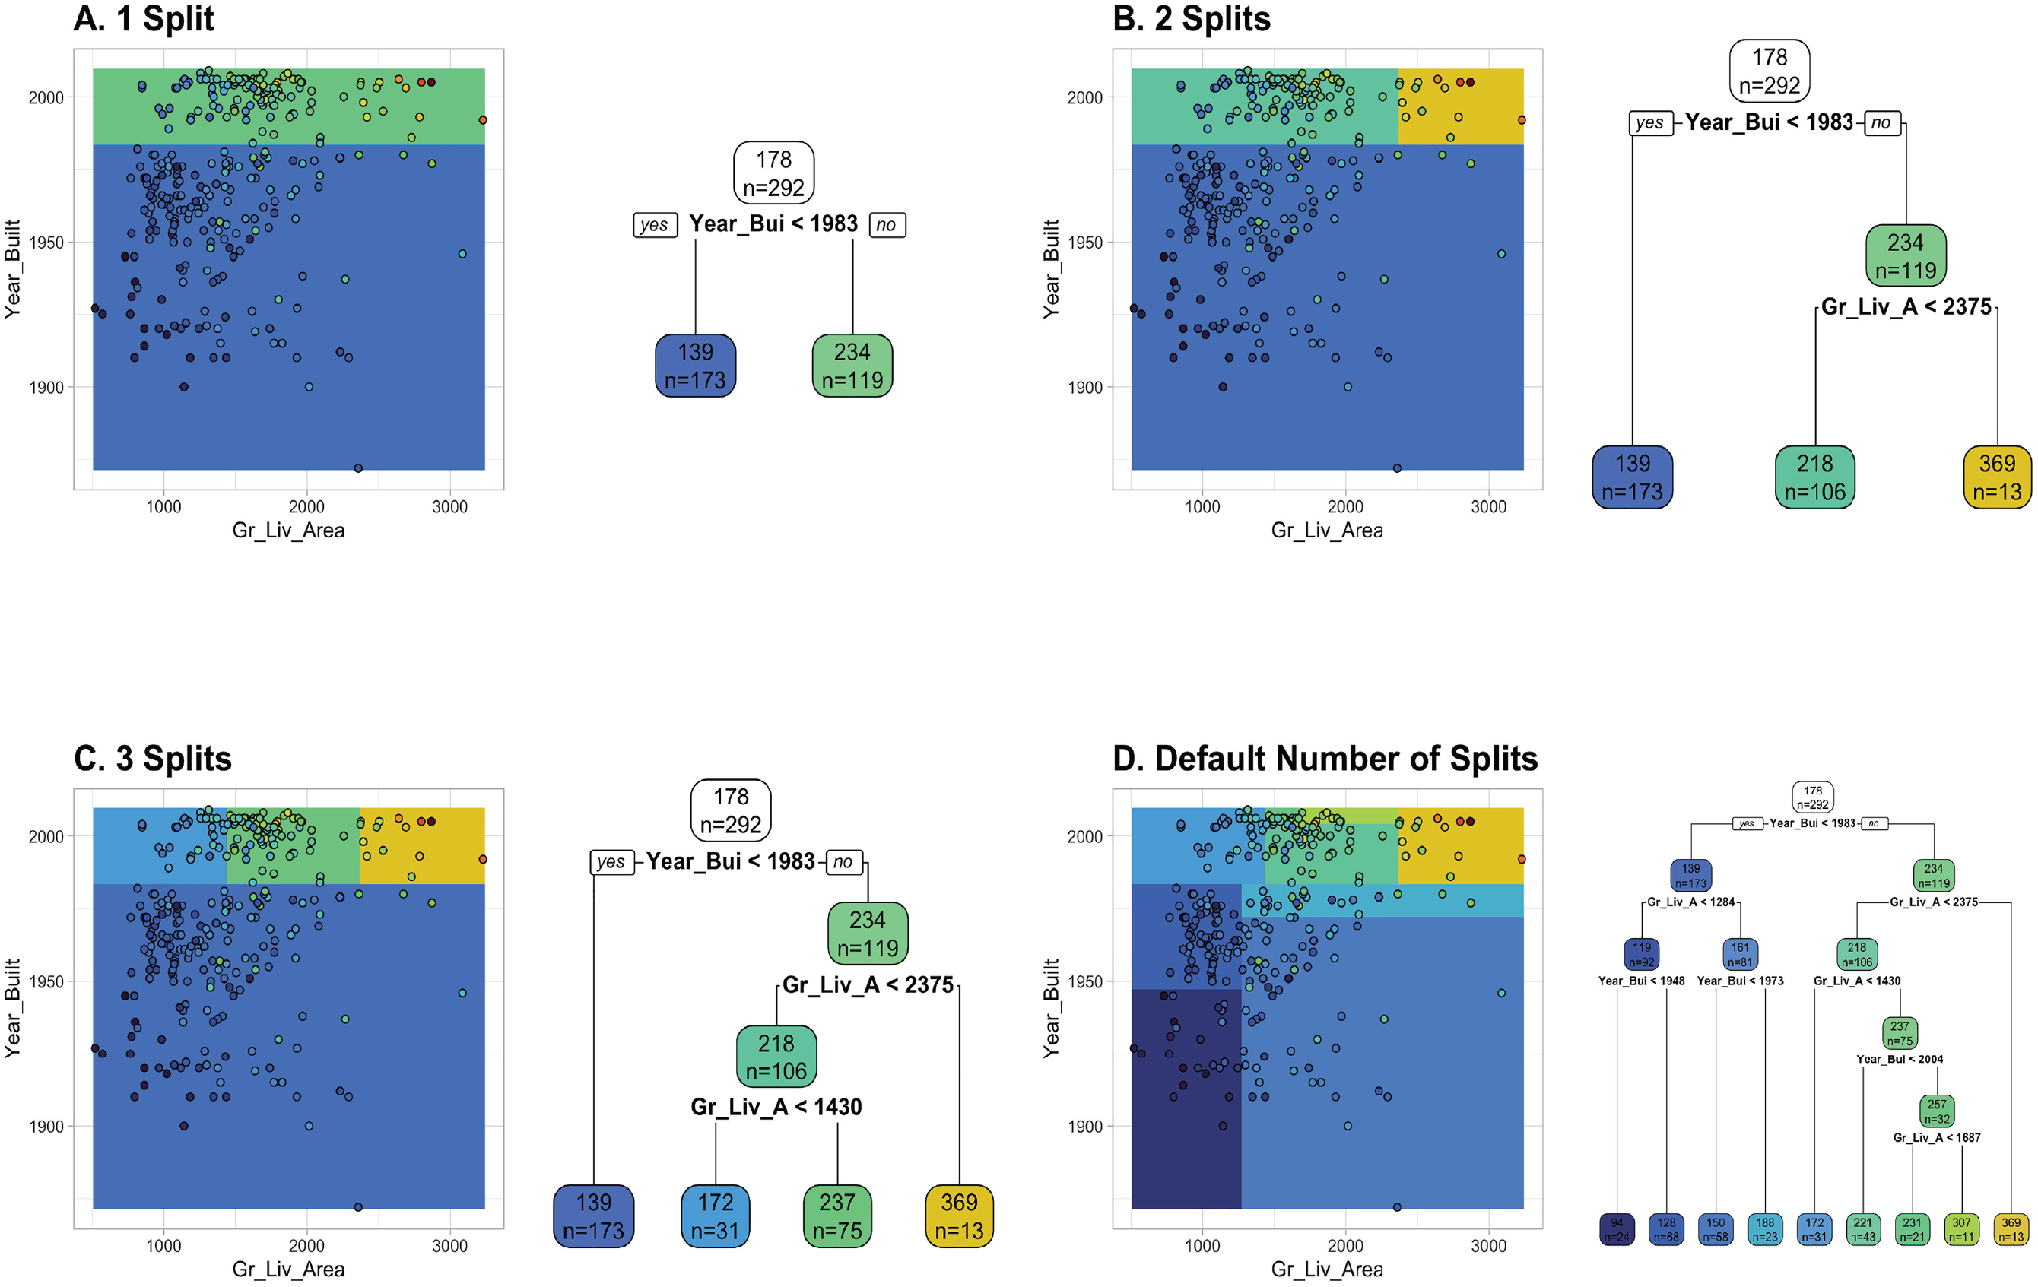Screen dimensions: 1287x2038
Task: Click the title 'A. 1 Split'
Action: coord(144,18)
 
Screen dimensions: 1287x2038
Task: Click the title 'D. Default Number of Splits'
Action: coord(1325,758)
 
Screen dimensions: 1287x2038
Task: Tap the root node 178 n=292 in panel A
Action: coord(773,173)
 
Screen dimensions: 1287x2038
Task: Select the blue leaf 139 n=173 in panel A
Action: coord(695,366)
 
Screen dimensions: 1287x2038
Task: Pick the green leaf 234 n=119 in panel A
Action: coord(852,366)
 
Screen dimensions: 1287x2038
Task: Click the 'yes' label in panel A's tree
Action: coord(654,225)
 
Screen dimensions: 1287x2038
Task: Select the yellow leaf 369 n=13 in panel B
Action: coord(1996,477)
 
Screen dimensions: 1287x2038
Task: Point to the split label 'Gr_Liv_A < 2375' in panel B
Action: coord(1906,306)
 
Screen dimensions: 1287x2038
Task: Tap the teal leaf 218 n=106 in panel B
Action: coord(1814,477)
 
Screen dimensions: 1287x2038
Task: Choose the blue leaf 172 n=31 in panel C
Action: coord(715,1216)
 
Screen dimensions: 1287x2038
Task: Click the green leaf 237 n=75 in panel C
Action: coord(837,1216)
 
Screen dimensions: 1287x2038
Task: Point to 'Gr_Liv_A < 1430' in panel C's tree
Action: coord(776,1107)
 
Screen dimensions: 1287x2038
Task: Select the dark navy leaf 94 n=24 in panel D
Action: coord(1617,1228)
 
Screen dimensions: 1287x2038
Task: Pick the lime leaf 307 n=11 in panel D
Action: coord(1961,1228)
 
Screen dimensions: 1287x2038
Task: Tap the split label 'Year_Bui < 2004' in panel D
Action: coord(1899,1058)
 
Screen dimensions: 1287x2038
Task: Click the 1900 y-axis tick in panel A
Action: coord(46,388)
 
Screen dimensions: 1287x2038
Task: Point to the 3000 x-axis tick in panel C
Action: coord(449,1245)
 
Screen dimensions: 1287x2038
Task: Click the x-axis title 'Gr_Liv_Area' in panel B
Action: coord(1327,531)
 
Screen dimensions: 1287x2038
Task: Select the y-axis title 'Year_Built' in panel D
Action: coord(1051,1008)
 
